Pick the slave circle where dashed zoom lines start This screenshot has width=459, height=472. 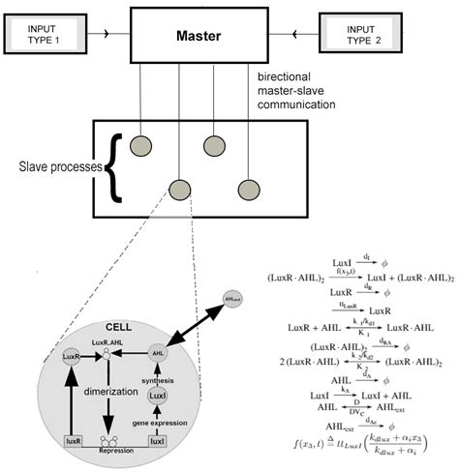click(178, 190)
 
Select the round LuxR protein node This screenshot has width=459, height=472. click(69, 356)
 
